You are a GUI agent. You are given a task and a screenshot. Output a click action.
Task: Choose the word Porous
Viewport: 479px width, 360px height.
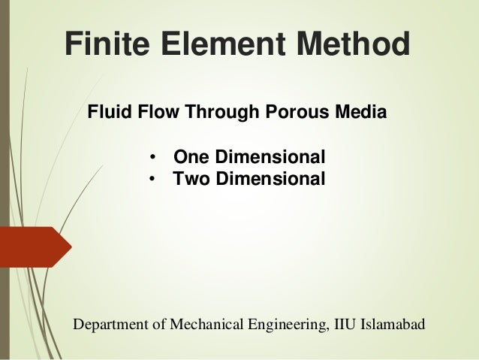click(x=297, y=114)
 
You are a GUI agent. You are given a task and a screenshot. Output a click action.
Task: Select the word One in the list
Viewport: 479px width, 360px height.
click(x=191, y=159)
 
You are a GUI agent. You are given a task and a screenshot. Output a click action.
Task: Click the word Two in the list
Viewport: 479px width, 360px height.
click(x=191, y=180)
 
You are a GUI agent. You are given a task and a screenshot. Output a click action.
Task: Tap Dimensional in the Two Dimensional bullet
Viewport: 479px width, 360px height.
click(x=270, y=180)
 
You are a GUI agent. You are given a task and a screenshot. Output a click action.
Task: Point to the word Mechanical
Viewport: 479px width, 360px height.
click(x=203, y=325)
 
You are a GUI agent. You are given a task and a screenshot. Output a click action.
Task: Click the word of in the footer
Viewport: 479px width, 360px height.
click(x=158, y=325)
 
